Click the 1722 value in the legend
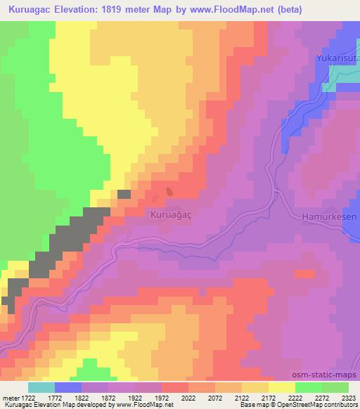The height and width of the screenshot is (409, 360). click(x=27, y=398)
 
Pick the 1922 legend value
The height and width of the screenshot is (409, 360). click(x=135, y=398)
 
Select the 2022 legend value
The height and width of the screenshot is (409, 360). click(x=188, y=398)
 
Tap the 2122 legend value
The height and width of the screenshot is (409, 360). click(x=242, y=398)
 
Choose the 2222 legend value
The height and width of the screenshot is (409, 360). click(x=295, y=398)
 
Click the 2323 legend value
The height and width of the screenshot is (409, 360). click(x=345, y=398)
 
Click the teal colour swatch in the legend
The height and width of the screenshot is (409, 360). click(x=41, y=387)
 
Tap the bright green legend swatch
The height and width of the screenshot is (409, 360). click(x=309, y=387)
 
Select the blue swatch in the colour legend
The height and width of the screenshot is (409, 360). click(x=68, y=387)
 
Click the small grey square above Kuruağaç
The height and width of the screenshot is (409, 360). click(x=124, y=194)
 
